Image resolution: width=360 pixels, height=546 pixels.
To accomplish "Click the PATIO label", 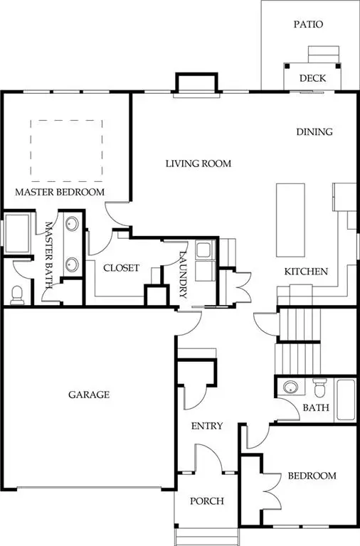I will (x=309, y=24).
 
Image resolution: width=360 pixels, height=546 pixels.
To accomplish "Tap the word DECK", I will (x=312, y=79).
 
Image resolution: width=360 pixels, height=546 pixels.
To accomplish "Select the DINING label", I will (x=314, y=132).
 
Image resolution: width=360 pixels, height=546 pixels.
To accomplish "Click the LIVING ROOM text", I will (x=198, y=164).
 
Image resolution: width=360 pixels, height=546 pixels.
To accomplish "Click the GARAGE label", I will (x=89, y=395).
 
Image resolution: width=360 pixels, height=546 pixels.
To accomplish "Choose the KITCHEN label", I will (x=306, y=272).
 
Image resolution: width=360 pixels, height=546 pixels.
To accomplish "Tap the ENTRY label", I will (x=207, y=426).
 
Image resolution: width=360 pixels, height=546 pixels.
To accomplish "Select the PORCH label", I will (x=207, y=501).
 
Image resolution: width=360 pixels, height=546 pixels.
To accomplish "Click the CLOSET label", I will (x=121, y=268).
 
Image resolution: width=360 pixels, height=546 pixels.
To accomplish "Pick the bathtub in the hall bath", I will (x=346, y=400).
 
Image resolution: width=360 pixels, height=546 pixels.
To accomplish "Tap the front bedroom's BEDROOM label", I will (x=311, y=476).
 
